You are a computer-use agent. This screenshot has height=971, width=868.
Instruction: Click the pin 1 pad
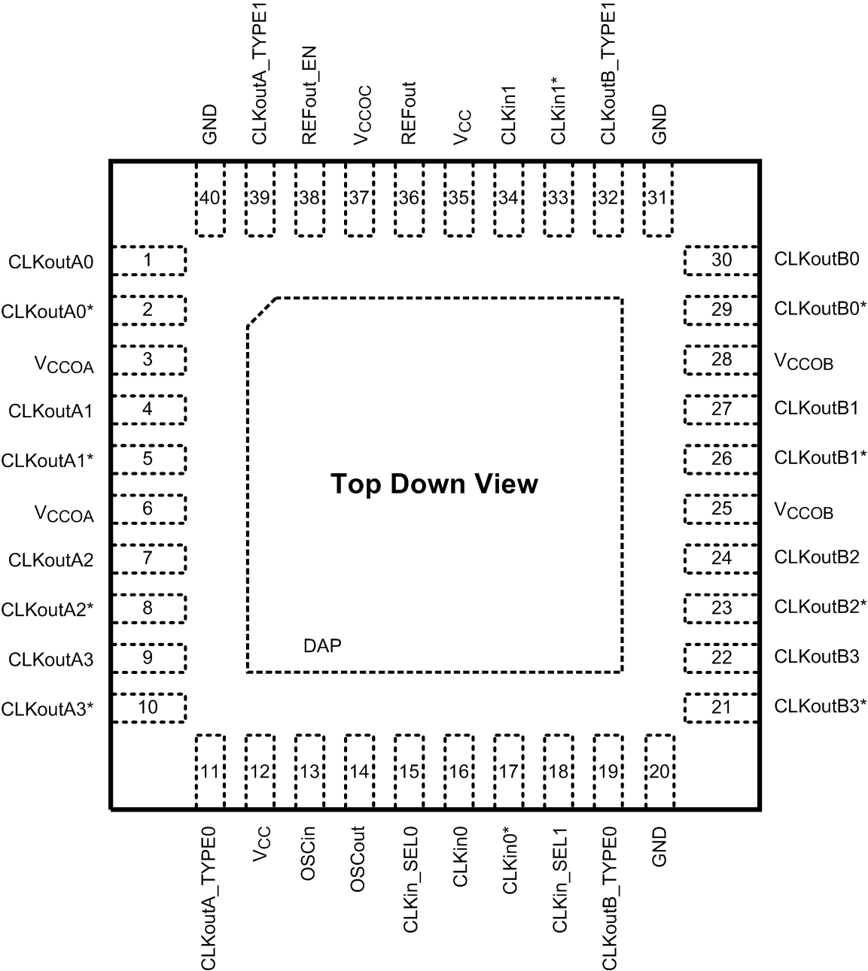click(x=148, y=261)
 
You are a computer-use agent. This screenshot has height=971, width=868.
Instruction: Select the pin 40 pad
click(x=210, y=199)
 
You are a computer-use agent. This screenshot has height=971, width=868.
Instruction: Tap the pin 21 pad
click(x=720, y=707)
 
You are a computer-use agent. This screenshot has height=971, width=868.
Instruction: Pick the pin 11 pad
click(x=210, y=772)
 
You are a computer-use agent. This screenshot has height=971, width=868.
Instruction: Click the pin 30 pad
click(x=720, y=260)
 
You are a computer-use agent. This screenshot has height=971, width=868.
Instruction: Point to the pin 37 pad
click(x=359, y=199)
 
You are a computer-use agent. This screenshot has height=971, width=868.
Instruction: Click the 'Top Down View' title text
click(x=434, y=484)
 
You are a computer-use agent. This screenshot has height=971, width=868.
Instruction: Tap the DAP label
click(x=322, y=645)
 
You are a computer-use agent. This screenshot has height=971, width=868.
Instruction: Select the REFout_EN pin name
click(x=309, y=96)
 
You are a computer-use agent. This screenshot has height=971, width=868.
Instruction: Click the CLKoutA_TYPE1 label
click(x=260, y=76)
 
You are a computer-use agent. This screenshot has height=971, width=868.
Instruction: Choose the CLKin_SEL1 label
click(x=559, y=880)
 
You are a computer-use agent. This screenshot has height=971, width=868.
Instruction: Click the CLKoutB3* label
click(x=820, y=706)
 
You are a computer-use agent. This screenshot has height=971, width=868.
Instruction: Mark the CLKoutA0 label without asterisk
click(x=50, y=262)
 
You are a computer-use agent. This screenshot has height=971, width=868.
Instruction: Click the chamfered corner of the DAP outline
click(x=261, y=311)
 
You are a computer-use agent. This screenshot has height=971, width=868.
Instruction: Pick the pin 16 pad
click(x=458, y=772)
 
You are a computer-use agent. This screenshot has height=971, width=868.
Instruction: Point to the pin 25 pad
click(x=720, y=509)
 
